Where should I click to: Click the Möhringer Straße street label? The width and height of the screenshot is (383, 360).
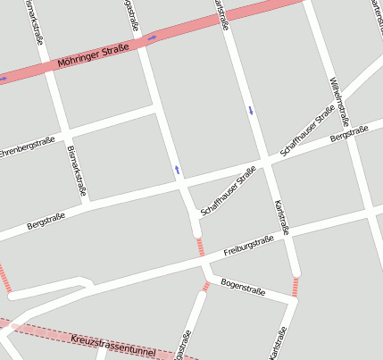[93, 55]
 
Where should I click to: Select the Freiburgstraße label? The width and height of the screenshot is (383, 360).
[248, 245]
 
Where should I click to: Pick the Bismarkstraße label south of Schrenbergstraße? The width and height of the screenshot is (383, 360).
[77, 170]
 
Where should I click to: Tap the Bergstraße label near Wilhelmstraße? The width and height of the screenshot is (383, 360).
[349, 136]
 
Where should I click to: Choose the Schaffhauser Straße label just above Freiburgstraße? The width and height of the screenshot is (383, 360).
[229, 190]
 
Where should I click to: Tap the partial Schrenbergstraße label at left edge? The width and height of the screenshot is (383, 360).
[27, 146]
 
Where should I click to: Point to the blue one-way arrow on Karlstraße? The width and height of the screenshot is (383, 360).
[251, 111]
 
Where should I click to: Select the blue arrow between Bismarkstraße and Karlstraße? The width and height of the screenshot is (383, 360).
[177, 169]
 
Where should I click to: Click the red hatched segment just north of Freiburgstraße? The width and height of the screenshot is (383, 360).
[199, 247]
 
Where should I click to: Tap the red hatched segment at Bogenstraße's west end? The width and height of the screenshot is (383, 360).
[207, 286]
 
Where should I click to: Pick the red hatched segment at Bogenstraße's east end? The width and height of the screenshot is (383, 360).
[295, 287]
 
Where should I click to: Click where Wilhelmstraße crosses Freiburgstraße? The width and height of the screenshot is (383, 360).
[369, 216]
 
